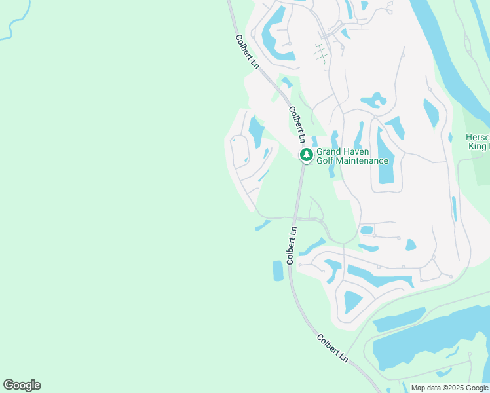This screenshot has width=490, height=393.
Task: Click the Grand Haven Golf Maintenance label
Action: coord(352,156)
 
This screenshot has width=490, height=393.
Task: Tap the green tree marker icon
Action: coord(306,155)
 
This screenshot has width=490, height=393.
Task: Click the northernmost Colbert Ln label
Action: coord(247,50)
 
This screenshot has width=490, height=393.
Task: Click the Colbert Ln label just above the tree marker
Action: coord(297,125)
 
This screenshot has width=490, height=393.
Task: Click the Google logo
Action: coord(22,385)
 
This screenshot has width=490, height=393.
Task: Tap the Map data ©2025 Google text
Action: coord(449,388)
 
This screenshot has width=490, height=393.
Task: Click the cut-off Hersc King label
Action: coord(478,142)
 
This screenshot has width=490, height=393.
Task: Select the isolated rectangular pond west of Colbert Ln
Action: coord(278,270)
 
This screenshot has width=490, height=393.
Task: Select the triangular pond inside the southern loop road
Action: coord(352,301)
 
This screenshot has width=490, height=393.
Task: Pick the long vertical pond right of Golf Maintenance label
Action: coord(385,154)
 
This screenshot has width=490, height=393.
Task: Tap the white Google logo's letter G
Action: coord(9,385)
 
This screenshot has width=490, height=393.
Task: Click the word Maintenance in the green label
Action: coord(364,160)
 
